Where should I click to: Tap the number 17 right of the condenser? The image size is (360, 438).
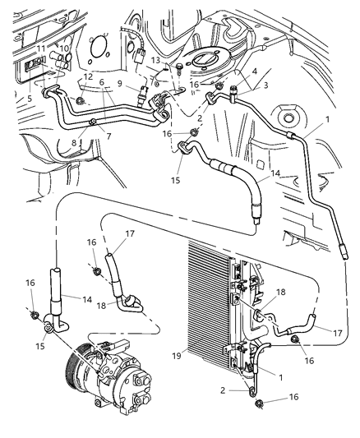339,334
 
